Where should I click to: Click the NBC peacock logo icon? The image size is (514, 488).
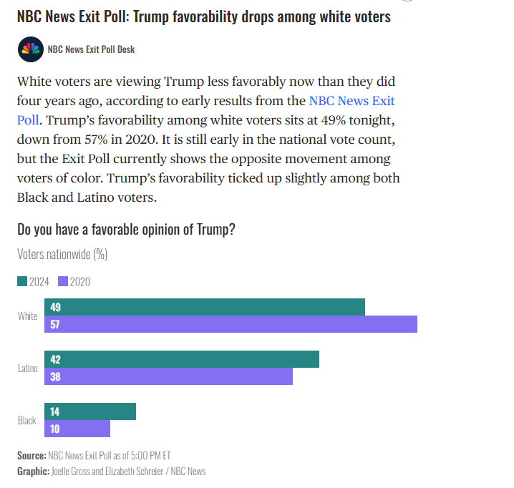(x=30, y=49)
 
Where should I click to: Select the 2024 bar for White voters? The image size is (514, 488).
(x=205, y=307)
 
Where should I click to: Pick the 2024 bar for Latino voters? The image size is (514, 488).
(x=182, y=359)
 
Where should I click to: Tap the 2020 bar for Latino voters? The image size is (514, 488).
(x=168, y=376)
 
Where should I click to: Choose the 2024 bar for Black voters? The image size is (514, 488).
(x=90, y=411)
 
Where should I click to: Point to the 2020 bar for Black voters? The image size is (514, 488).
(x=77, y=429)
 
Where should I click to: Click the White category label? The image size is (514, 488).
(x=27, y=316)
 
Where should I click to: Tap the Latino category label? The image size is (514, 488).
(x=27, y=368)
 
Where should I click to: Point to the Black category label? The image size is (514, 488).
(x=27, y=420)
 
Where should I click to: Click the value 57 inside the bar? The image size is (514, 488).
(x=55, y=324)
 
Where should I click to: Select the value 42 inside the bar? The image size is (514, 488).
(x=55, y=359)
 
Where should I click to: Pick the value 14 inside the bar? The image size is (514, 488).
(x=55, y=411)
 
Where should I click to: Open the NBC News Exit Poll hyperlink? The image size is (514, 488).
(x=351, y=101)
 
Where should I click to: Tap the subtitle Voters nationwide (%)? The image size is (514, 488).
(x=62, y=254)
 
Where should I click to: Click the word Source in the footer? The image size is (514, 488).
(x=31, y=455)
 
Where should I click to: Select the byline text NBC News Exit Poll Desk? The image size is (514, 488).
(x=91, y=49)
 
